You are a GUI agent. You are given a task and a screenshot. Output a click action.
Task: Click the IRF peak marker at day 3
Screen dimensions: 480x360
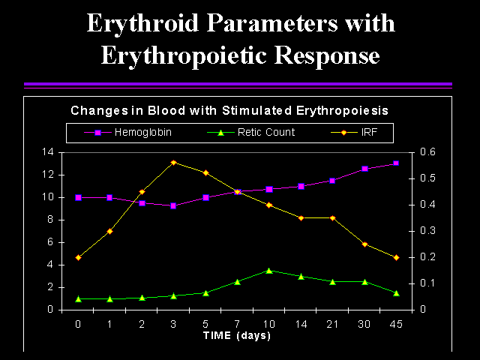pos(173,163)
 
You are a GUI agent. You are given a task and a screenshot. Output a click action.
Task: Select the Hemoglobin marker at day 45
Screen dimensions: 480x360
pos(396,163)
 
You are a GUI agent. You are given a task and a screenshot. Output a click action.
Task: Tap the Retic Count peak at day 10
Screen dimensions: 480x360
pos(269,271)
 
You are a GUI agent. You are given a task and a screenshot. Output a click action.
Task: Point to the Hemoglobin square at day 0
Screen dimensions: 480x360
pos(78,197)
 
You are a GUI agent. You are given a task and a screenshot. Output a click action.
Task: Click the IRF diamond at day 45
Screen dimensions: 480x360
pos(397,258)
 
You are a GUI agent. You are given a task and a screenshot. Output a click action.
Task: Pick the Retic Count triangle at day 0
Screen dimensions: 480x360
pos(78,299)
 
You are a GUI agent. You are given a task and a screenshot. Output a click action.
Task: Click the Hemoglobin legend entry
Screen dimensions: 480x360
pos(128,133)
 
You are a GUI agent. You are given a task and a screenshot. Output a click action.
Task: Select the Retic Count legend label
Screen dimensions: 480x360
pos(266,132)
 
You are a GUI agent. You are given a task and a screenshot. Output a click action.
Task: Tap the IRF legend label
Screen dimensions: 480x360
pos(369,132)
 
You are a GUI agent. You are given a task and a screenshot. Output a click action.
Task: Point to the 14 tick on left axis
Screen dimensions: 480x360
pos(47,152)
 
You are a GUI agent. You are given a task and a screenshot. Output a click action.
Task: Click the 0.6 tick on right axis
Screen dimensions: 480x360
pos(427,151)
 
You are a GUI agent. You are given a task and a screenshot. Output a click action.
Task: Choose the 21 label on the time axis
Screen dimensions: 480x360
pos(332,324)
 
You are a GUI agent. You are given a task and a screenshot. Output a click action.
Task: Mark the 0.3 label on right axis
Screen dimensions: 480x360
pos(427,230)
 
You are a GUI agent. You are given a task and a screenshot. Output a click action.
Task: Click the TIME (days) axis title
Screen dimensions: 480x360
pos(237,335)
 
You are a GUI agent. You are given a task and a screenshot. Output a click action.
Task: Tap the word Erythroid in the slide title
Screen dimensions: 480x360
pos(142,24)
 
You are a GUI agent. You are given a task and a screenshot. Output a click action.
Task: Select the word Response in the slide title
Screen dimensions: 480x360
pos(327,56)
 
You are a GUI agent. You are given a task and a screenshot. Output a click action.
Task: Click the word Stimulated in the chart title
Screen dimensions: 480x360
pos(256,110)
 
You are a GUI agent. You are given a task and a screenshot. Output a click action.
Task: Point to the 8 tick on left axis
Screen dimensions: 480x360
pos(50,220)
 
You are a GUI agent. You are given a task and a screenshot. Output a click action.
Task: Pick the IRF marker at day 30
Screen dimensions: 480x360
pos(364,244)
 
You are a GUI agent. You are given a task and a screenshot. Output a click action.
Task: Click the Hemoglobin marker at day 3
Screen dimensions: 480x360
pos(173,206)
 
